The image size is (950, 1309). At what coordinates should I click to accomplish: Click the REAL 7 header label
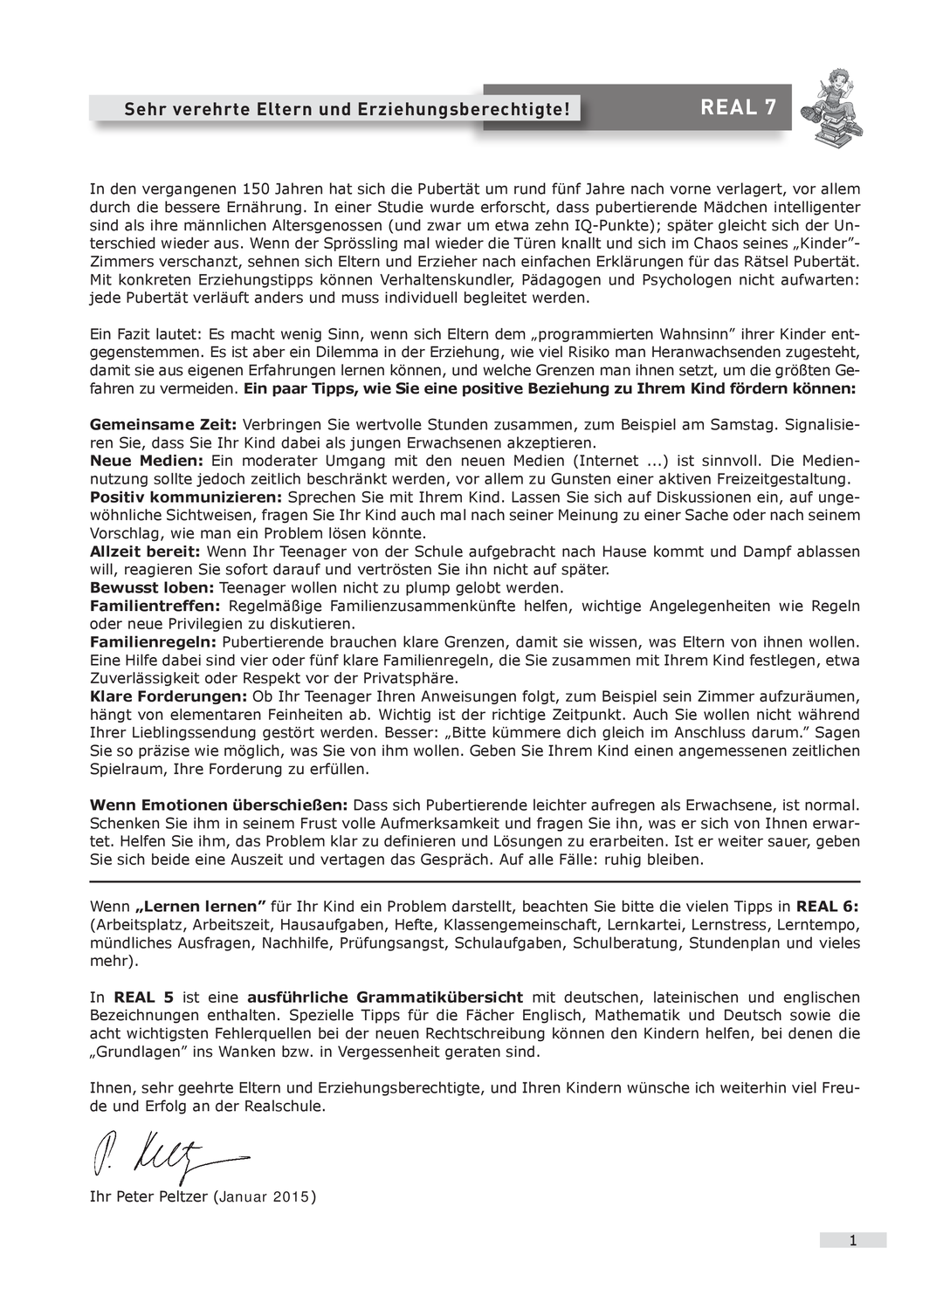[x=738, y=107]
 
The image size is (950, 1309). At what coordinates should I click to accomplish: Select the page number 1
[x=852, y=1240]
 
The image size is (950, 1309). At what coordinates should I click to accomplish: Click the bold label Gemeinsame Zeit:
[x=163, y=425]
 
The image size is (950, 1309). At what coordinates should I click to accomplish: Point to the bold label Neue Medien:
[x=147, y=461]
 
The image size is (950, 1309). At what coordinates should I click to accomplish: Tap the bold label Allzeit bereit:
[x=145, y=552]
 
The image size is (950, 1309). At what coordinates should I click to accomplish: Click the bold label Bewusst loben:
[x=152, y=587]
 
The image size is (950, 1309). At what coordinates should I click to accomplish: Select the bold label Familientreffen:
[x=155, y=606]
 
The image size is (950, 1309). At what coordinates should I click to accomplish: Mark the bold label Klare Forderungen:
[x=169, y=696]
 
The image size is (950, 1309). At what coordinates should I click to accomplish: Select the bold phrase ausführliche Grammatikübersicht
[x=385, y=997]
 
